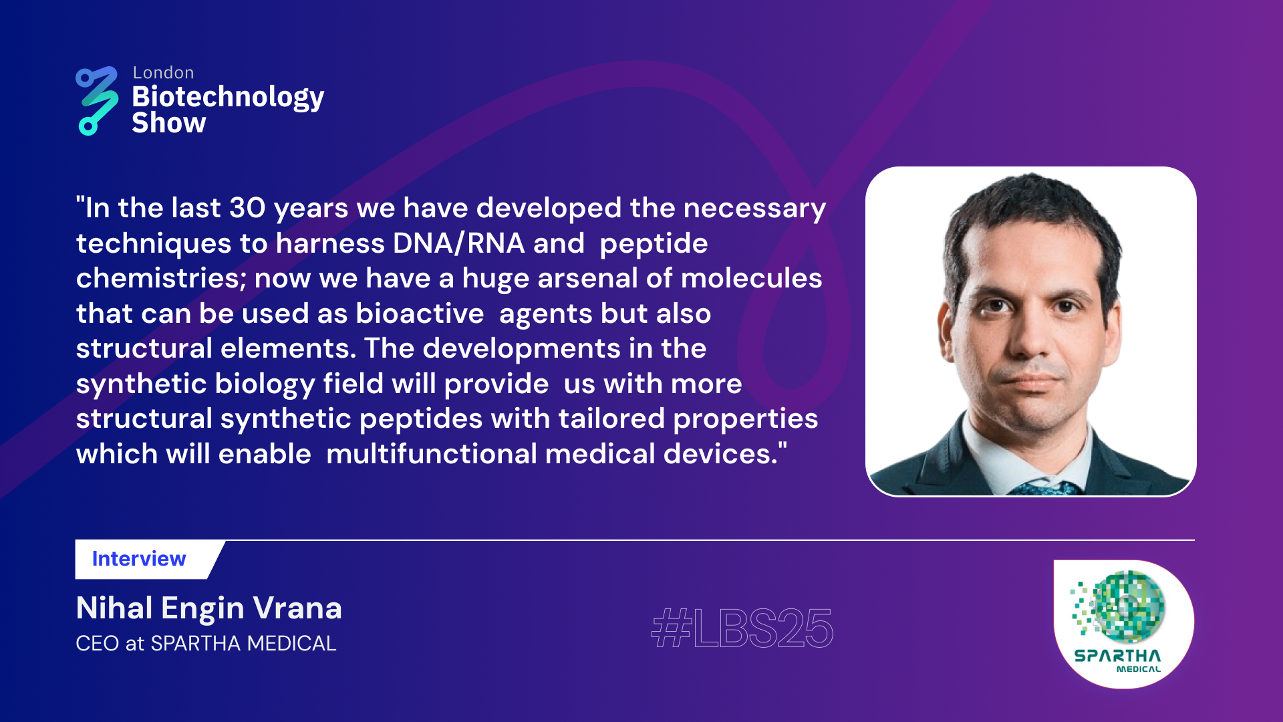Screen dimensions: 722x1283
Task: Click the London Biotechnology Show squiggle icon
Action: [x=97, y=100]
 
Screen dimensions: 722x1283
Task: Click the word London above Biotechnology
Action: [x=163, y=73]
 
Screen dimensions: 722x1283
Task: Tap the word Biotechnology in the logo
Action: [x=228, y=98]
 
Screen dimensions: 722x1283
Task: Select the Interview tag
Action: [x=139, y=559]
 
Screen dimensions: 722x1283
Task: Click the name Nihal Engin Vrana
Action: [x=208, y=608]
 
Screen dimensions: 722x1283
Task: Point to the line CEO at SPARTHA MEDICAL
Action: [x=206, y=643]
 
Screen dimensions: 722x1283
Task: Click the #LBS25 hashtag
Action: [x=742, y=628]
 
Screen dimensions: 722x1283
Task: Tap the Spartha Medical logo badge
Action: [x=1123, y=624]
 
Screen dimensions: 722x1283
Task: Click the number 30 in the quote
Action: [x=247, y=208]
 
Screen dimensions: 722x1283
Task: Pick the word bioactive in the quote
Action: [x=420, y=314]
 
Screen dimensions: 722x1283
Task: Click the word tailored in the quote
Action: [x=611, y=418]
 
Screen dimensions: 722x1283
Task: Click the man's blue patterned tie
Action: [x=1042, y=487]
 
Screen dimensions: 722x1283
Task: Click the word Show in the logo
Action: [x=168, y=124]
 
